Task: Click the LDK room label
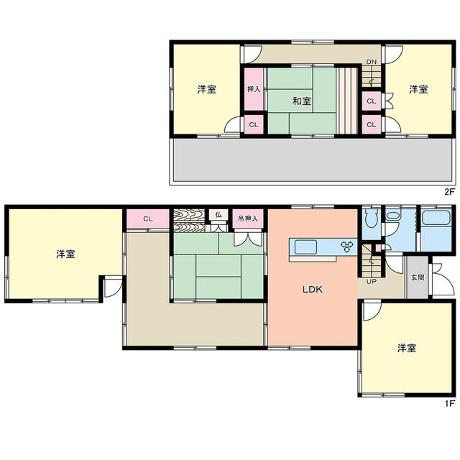(x=313, y=290)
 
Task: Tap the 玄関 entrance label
(x=417, y=277)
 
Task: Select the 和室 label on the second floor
(x=302, y=101)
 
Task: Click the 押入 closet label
(x=254, y=89)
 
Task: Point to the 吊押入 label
(x=248, y=218)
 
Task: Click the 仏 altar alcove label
(x=218, y=214)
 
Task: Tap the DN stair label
(x=371, y=62)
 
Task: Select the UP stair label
(x=371, y=282)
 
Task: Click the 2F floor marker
(x=449, y=192)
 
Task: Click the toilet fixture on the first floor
(x=371, y=218)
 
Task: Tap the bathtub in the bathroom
(x=436, y=217)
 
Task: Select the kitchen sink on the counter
(x=305, y=247)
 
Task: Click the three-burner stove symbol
(x=346, y=246)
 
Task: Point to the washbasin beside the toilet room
(x=393, y=216)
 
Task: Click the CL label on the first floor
(x=148, y=218)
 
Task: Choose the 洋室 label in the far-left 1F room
(x=65, y=254)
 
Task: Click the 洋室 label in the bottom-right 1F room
(x=407, y=348)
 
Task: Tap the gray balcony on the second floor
(x=313, y=160)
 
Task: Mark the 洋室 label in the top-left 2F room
(x=207, y=89)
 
